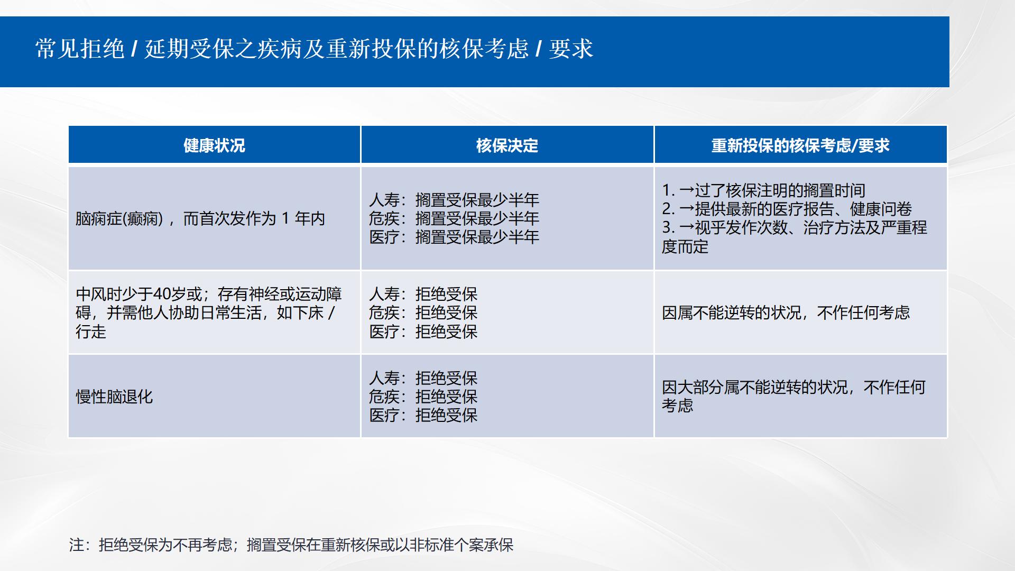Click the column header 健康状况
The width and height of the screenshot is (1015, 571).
pos(214,145)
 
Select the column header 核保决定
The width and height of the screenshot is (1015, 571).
pos(507,145)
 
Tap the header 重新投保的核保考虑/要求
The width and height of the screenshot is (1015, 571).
pos(800,145)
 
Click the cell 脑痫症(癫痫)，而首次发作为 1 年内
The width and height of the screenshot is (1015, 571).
pos(200,218)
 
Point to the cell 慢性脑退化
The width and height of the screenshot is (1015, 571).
pos(114,397)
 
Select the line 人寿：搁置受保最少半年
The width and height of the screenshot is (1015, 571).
pos(454,200)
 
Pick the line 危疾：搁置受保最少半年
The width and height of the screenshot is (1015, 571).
pos(454,218)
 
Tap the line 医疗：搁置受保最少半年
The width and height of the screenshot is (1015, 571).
pos(454,237)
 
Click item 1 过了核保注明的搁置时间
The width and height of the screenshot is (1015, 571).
pos(764,190)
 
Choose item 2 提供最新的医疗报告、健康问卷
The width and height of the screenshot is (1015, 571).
pos(787,209)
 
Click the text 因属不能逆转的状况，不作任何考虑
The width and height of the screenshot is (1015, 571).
pos(786,312)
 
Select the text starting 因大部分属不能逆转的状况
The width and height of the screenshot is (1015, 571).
pos(793,397)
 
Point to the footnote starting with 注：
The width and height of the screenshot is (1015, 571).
pos(291,545)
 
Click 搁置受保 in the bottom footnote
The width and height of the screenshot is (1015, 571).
pos(276,545)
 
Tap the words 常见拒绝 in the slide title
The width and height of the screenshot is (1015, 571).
pos(80,49)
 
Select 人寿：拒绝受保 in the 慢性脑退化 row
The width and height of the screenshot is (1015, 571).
pos(423,378)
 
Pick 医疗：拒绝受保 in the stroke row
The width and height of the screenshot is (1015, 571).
pos(423,331)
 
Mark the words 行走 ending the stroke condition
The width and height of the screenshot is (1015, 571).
pos(91,331)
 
